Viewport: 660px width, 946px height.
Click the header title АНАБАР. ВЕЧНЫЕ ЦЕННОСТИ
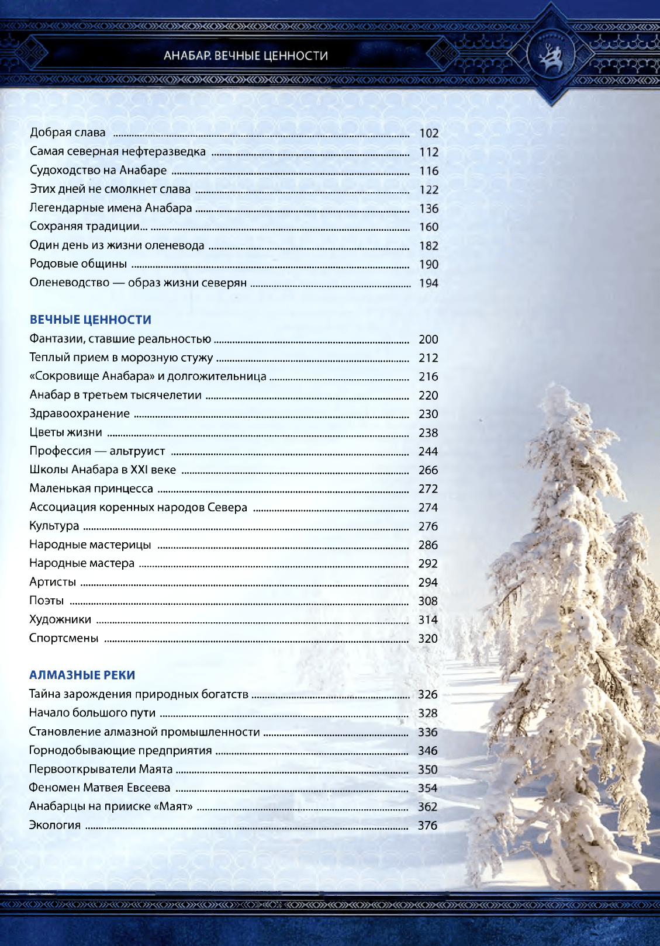[246, 56]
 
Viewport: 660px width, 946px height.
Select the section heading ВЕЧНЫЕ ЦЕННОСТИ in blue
[91, 320]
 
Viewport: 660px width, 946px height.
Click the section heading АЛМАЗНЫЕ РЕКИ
[82, 675]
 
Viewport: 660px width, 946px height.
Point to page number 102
[429, 133]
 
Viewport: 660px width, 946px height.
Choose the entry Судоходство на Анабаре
[98, 170]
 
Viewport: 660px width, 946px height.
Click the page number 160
[429, 227]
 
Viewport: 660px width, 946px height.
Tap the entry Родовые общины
[78, 264]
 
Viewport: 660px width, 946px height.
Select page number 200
[428, 339]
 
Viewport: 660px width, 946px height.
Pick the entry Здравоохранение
[80, 414]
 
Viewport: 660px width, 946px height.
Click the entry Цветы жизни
[65, 432]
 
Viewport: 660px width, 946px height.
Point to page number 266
[428, 470]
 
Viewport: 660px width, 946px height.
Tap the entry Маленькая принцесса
[91, 488]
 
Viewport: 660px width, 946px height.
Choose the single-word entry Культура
[54, 526]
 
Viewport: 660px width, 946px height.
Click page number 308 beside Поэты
[428, 601]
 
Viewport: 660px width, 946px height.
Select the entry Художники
[60, 619]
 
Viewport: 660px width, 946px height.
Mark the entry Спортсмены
[64, 638]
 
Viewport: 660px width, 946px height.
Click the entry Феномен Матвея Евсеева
[99, 788]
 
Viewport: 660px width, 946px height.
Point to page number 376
[427, 825]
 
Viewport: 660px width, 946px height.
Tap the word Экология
[55, 825]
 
